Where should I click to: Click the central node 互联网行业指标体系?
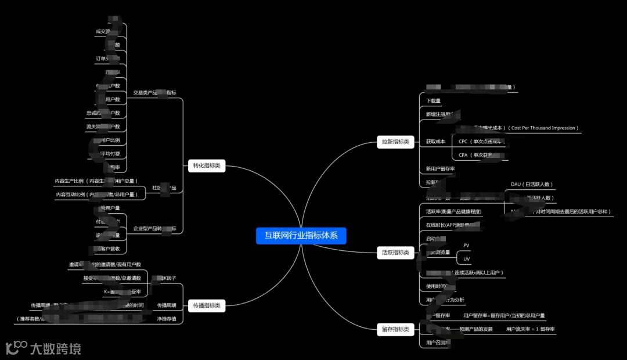click(301, 236)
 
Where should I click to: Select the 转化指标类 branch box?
click(207, 166)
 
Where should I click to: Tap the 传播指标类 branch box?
click(207, 305)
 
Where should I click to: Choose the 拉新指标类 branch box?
click(395, 142)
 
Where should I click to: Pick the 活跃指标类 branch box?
click(395, 253)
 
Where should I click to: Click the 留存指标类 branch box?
click(395, 330)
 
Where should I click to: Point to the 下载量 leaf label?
click(433, 101)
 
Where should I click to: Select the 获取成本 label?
click(435, 142)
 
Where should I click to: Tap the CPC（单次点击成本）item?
click(480, 142)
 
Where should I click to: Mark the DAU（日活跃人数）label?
click(532, 185)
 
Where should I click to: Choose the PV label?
click(466, 246)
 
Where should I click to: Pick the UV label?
click(466, 259)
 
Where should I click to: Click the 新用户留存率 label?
click(440, 169)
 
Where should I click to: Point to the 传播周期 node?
click(167, 305)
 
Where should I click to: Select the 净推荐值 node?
click(167, 319)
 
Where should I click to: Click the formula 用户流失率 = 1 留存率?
click(530, 329)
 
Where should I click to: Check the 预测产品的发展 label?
click(475, 329)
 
